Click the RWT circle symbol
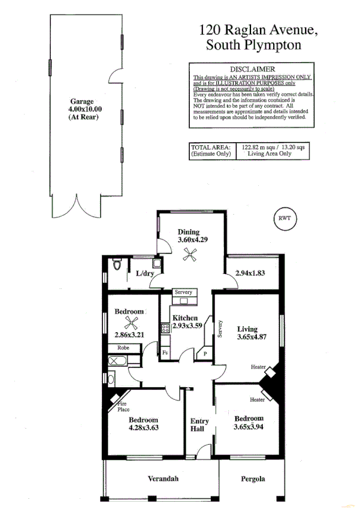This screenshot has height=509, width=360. tap(284, 218)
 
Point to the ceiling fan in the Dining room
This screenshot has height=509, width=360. tap(190, 256)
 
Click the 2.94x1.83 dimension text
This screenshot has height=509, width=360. tap(250, 273)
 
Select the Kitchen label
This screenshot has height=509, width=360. tap(185, 318)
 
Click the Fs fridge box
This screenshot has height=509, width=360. tap(165, 353)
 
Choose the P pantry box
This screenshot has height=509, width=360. tap(205, 354)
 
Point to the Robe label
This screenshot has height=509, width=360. tap(123, 348)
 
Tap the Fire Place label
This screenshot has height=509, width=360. tap(122, 407)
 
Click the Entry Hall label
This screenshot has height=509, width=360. tap(199, 425)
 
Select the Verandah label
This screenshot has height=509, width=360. tap(163, 479)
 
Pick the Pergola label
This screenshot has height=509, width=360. tap(253, 479)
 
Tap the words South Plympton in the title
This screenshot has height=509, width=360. tap(253, 44)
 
